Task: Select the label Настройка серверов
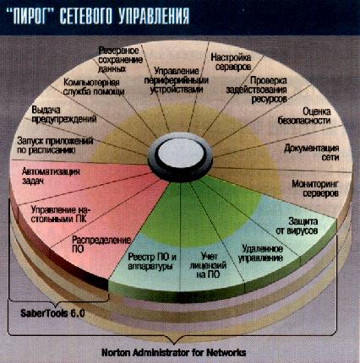click(232, 62)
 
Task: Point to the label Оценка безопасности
click(304, 116)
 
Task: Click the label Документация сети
click(312, 152)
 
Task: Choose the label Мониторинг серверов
click(315, 188)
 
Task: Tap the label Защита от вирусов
click(297, 226)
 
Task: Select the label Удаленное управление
click(260, 253)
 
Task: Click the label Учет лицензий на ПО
click(208, 265)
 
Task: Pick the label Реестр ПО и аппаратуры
click(152, 261)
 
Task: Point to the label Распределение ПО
click(101, 244)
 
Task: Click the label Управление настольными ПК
click(62, 214)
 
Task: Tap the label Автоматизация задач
click(51, 176)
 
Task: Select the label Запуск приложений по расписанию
click(55, 145)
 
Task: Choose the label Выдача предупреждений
click(64, 114)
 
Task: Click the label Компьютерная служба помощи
click(94, 87)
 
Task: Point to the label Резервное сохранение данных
click(120, 59)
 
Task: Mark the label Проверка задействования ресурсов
click(256, 89)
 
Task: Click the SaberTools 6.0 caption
click(52, 313)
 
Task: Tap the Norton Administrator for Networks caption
click(174, 352)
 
